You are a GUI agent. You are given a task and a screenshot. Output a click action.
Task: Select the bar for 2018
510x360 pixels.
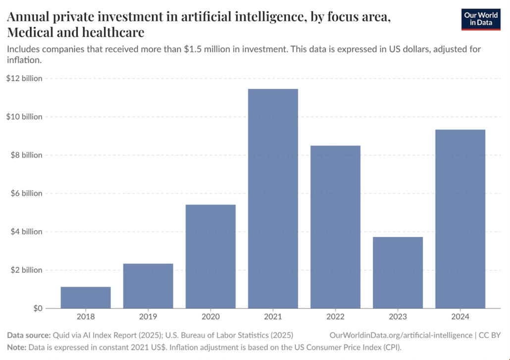(x=86, y=298)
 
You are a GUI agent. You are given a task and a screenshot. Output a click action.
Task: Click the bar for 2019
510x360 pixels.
(x=148, y=286)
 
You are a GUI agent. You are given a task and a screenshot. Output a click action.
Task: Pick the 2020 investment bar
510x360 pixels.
(x=210, y=257)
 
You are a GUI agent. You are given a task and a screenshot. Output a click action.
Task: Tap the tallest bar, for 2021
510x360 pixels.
(x=273, y=199)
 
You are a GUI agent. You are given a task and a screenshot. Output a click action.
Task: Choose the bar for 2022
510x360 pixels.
(x=335, y=227)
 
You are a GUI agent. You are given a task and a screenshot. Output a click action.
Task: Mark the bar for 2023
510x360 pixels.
(x=398, y=272)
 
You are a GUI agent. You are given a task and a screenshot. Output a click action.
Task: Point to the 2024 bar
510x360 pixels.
(x=460, y=219)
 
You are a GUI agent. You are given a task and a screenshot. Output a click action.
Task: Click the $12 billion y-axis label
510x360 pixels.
(x=24, y=78)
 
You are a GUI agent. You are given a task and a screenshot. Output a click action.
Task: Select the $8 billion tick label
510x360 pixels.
(x=26, y=155)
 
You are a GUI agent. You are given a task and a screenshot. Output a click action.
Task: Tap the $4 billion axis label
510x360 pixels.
(x=26, y=232)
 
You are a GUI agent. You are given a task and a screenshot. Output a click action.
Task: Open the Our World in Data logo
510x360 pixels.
(x=481, y=19)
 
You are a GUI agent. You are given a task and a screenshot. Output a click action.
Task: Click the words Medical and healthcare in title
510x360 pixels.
(x=75, y=33)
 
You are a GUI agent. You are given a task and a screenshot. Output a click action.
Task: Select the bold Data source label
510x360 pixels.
(x=28, y=335)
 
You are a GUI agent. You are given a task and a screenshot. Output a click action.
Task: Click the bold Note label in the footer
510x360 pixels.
(x=16, y=347)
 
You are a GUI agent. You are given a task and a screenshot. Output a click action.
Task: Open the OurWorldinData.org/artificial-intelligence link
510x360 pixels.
(x=401, y=335)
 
